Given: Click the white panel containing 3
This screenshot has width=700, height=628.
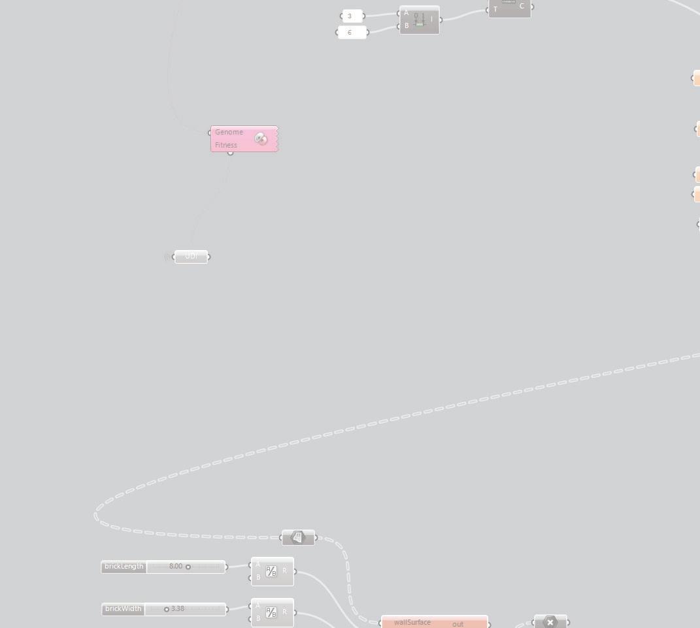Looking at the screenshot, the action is (352, 16).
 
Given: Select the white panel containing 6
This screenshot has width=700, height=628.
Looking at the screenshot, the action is (352, 32).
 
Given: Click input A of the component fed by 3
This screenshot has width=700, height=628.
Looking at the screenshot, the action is (406, 13).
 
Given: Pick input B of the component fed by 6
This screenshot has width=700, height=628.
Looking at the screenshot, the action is (406, 26).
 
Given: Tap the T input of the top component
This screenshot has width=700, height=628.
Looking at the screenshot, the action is (495, 9).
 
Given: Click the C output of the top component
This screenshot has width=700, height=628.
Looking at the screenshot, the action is (522, 7).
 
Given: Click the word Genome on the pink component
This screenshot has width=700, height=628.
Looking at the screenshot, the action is (229, 132).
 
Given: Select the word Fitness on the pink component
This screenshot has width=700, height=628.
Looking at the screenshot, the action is (226, 145).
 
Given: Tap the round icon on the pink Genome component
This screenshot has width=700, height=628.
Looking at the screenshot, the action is (261, 138).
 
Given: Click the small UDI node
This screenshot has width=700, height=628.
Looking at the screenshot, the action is (191, 257).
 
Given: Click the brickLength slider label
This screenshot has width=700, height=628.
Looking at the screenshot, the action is (124, 566).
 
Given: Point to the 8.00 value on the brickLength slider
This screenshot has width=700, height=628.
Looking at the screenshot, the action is (176, 566).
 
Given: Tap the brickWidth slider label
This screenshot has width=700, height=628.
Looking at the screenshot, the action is (124, 608).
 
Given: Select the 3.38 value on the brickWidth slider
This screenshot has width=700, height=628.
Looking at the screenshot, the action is (178, 608).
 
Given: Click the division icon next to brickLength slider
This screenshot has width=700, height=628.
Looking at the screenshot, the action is (271, 571).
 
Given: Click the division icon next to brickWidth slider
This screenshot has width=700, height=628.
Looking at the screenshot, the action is (271, 612).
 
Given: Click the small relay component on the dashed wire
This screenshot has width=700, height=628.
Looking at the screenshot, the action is (298, 537).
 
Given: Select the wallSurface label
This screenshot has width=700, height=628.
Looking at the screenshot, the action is (412, 622).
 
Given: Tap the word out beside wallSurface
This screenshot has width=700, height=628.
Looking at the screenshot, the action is (458, 624).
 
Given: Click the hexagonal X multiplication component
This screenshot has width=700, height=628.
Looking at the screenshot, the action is (550, 622).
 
